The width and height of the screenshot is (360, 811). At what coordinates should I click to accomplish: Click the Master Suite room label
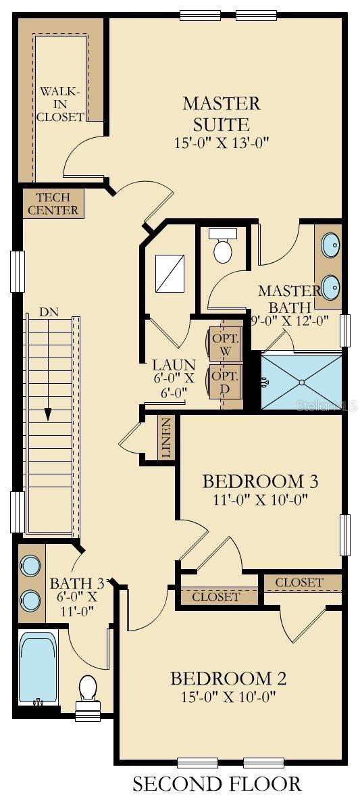point(221,114)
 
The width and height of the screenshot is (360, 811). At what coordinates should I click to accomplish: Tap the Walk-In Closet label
point(60,103)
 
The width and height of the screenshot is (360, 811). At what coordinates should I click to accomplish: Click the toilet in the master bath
point(222,247)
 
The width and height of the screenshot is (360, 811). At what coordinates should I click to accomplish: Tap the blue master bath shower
point(301,382)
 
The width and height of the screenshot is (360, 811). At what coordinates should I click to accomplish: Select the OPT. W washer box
point(224,344)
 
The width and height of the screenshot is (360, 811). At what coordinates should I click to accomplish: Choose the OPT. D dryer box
point(224,382)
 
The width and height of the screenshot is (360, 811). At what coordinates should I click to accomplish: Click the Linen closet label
point(166,439)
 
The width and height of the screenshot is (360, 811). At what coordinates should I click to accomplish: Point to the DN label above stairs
point(48,312)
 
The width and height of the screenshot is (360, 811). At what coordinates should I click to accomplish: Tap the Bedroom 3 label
point(260,481)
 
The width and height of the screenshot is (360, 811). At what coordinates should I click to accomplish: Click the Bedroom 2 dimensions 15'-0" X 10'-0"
point(228,696)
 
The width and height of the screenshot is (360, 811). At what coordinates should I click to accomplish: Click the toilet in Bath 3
point(88,693)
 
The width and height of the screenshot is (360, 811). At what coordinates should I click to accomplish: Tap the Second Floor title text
point(216,784)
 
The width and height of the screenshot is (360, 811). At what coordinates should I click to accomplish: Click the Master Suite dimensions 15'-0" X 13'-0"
point(221,143)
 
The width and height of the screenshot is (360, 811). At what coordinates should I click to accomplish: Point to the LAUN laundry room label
point(174,364)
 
